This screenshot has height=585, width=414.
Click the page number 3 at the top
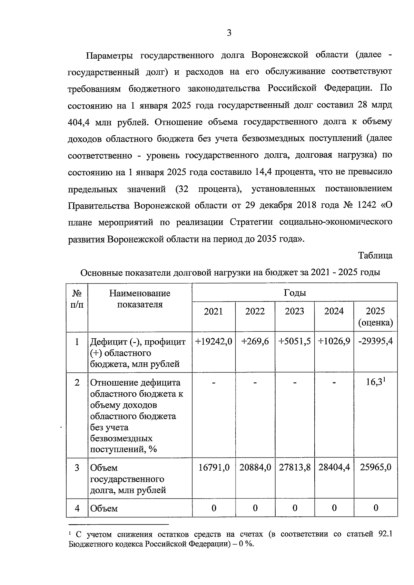(x=229, y=33)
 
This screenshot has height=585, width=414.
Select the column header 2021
(x=214, y=311)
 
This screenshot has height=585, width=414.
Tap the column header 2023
(x=294, y=311)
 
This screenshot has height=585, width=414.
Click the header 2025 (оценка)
(x=375, y=317)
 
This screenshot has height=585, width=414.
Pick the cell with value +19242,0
(x=214, y=341)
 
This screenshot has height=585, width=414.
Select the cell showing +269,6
(x=255, y=341)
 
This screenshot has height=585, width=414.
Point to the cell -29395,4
(x=375, y=341)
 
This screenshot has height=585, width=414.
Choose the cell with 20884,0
(x=255, y=468)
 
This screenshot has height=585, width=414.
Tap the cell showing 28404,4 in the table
(x=334, y=468)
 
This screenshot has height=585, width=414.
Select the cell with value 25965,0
(x=375, y=468)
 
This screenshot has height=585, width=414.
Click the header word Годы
(x=295, y=293)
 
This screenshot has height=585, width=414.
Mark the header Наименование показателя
(x=140, y=299)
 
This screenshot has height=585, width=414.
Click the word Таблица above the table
(x=375, y=256)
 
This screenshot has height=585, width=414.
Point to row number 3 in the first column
(x=77, y=468)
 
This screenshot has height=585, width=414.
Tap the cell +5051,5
(x=294, y=341)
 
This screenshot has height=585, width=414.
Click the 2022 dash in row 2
(x=255, y=383)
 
